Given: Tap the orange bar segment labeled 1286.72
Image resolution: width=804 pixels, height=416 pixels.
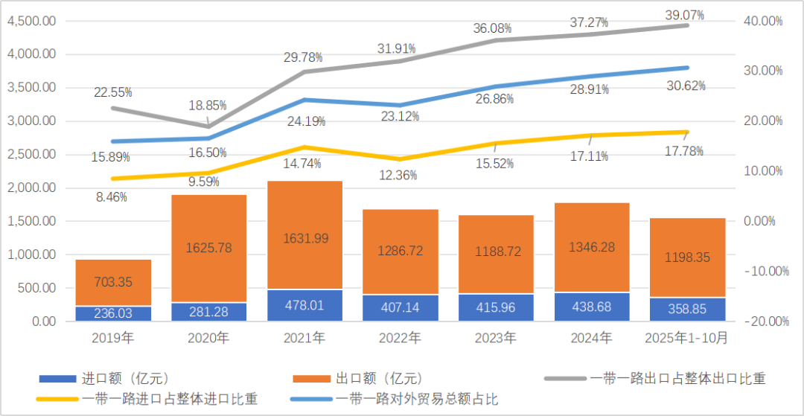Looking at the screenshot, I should (x=401, y=251).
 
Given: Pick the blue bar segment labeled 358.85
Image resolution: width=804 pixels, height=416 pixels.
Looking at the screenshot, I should (x=688, y=309).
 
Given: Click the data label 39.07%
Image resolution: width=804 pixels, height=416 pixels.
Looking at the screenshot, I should (x=683, y=13).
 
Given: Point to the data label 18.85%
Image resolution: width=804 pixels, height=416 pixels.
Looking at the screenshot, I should (x=209, y=106).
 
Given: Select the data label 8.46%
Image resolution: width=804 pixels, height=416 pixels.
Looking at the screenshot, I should (x=112, y=197).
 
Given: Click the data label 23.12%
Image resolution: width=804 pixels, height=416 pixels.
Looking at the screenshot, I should (x=400, y=116).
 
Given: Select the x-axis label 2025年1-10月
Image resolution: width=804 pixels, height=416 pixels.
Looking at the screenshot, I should (x=687, y=339).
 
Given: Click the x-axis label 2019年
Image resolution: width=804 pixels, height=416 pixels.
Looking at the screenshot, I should (x=113, y=339).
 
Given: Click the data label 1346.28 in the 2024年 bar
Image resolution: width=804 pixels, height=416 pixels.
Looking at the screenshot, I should (x=592, y=246).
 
